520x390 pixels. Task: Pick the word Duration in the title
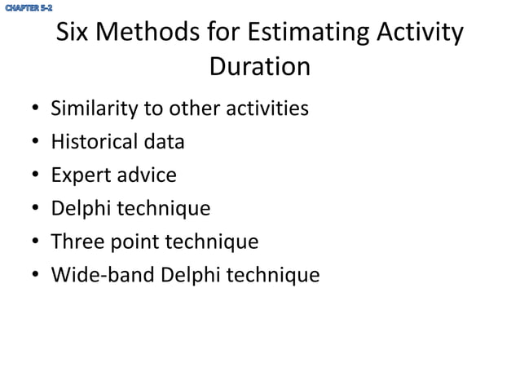pyautogui.click(x=260, y=66)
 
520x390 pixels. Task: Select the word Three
pyautogui.click(x=77, y=242)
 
